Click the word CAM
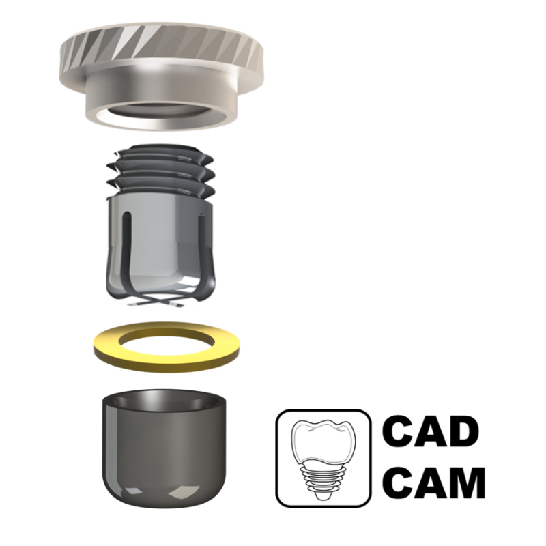pos(434,483)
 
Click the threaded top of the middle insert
pos(161,171)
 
